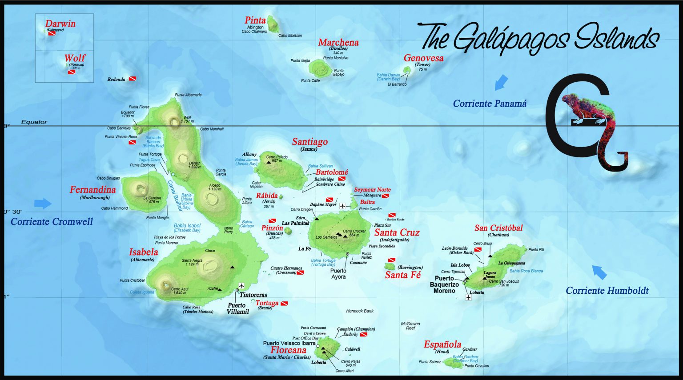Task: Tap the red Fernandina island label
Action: (92, 190)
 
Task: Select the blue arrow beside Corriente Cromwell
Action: (43, 203)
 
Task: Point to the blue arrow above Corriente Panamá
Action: (501, 82)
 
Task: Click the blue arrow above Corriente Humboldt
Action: (599, 272)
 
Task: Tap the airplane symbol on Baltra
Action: (342, 206)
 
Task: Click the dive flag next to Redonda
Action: (132, 79)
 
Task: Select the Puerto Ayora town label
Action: (338, 274)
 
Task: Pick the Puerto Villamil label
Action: (237, 308)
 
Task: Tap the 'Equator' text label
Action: (34, 122)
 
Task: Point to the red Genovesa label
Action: (423, 58)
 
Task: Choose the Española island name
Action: (442, 344)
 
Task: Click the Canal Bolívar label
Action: (175, 196)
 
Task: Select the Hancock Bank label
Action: (360, 311)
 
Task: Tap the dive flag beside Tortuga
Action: (284, 303)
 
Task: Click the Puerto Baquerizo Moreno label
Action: (444, 284)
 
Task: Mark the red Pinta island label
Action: (255, 20)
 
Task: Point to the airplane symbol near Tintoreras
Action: (241, 286)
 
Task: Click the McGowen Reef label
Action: (410, 326)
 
